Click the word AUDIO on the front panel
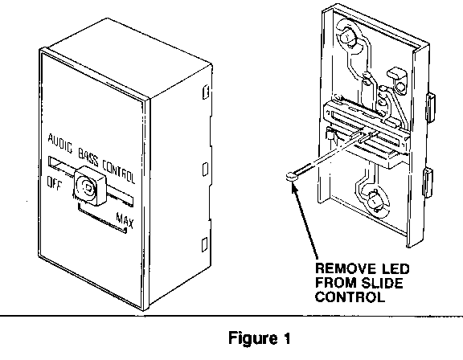(60, 143)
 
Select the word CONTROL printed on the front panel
(119, 172)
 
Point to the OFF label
(55, 183)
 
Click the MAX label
(125, 220)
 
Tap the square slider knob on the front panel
(89, 186)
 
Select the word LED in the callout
(396, 269)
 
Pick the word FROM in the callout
(336, 283)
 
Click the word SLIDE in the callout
(382, 283)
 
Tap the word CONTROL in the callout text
(350, 297)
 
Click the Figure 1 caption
(260, 338)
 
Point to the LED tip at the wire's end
(291, 176)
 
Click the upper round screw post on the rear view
(347, 37)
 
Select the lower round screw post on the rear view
(373, 202)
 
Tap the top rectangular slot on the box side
(206, 92)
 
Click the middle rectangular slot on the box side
(205, 170)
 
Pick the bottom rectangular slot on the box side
(205, 245)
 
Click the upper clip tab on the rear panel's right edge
(430, 107)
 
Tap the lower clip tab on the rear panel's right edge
(428, 182)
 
